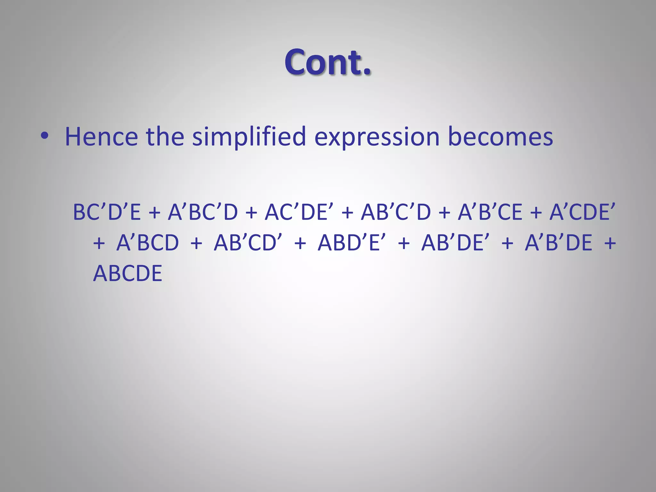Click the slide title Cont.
[x=328, y=62]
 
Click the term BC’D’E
[x=107, y=212]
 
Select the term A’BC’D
[x=203, y=212]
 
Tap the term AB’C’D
[x=396, y=212]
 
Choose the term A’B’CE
[x=490, y=212]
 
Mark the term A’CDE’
[x=582, y=212]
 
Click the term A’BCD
[x=148, y=242]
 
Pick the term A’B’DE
[x=558, y=242]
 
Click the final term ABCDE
[x=127, y=273]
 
